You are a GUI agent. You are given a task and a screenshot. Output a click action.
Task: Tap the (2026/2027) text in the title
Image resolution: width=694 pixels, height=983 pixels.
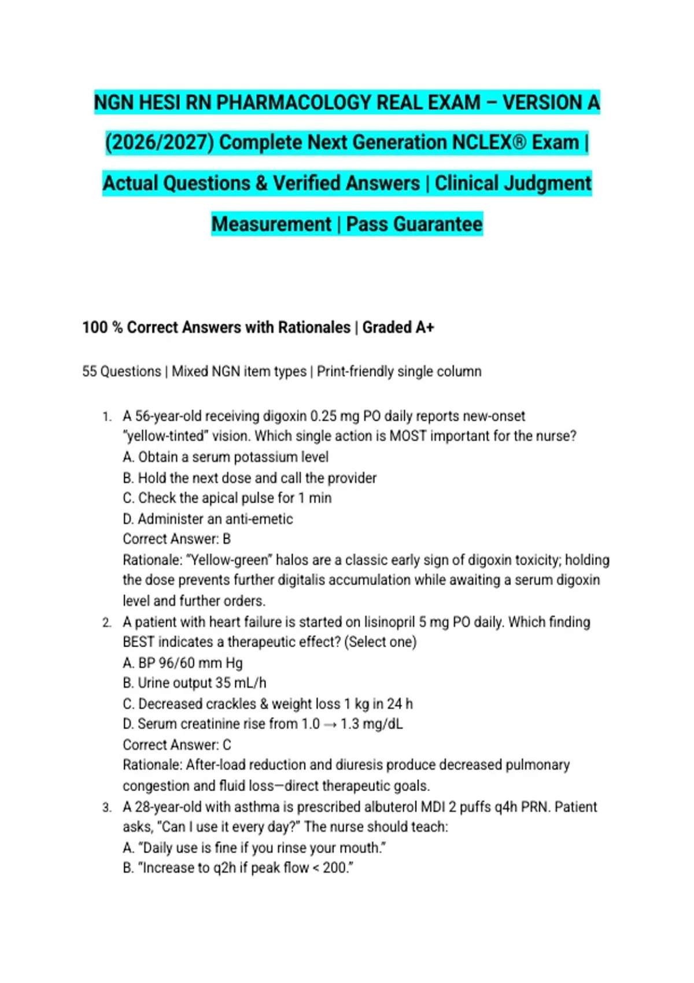(x=159, y=143)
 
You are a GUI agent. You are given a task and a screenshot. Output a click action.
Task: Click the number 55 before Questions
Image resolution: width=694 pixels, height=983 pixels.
(x=90, y=371)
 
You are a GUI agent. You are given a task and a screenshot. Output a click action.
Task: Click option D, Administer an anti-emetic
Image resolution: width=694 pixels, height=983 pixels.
(x=208, y=519)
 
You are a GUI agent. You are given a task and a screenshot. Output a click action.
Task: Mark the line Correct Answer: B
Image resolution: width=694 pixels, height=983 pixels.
(x=176, y=539)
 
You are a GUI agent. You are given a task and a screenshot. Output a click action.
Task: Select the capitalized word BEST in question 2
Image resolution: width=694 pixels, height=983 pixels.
(x=138, y=642)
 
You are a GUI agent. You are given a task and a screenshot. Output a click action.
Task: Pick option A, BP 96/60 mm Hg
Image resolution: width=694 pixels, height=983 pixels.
(x=183, y=663)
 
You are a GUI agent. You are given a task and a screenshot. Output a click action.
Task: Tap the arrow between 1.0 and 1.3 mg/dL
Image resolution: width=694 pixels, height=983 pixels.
(x=330, y=725)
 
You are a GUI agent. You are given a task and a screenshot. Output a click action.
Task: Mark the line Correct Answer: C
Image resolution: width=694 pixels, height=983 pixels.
(x=176, y=745)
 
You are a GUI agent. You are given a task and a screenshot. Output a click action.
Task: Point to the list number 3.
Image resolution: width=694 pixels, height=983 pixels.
(x=106, y=807)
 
